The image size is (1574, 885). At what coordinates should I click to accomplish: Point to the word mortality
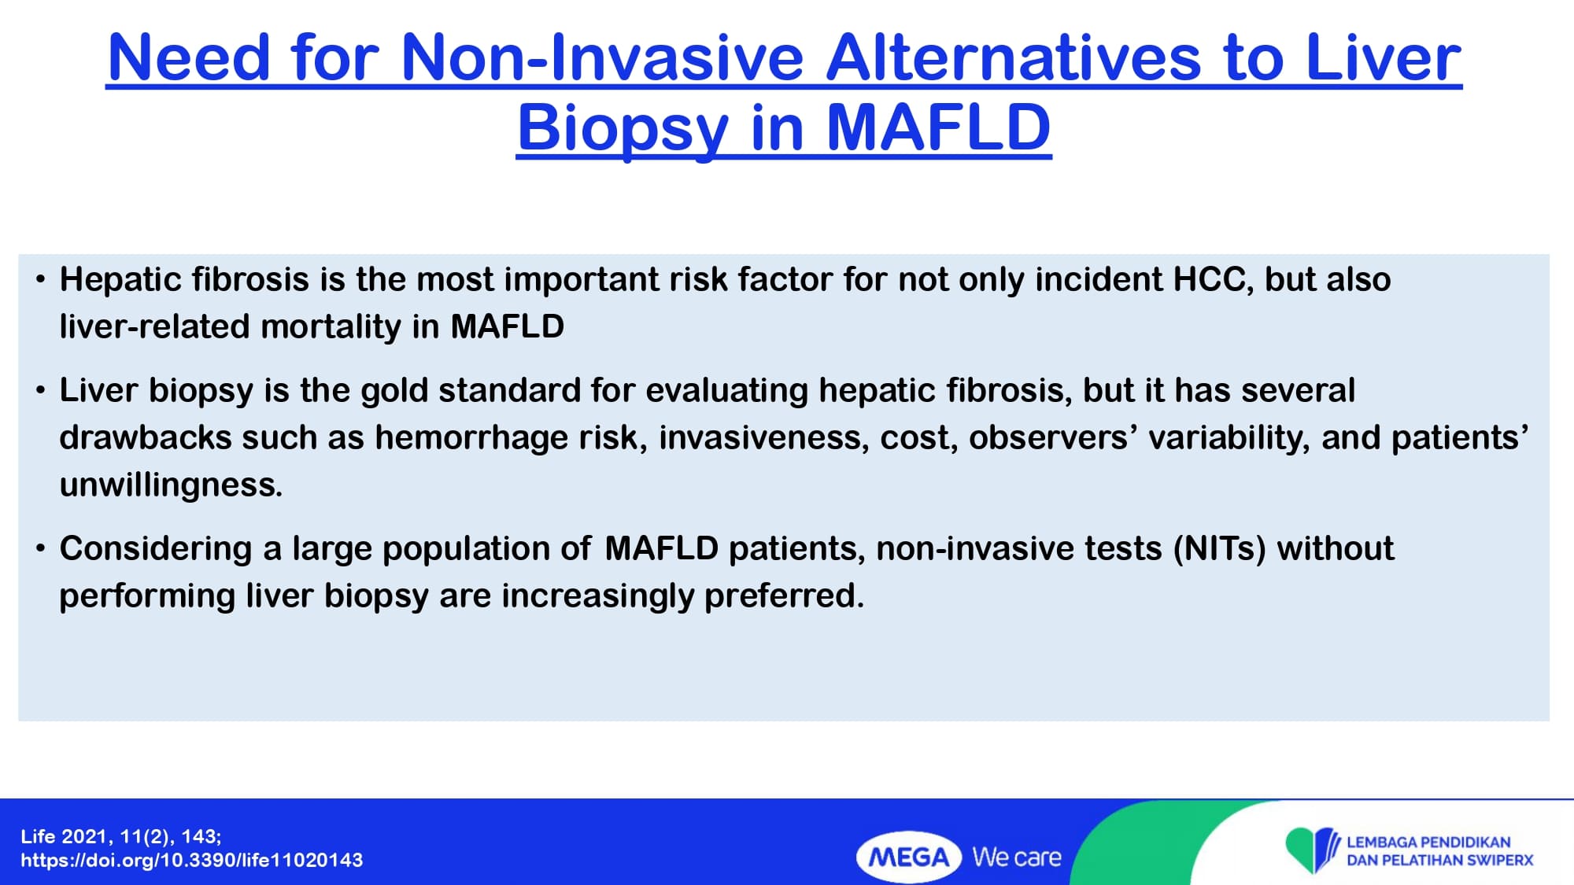331,326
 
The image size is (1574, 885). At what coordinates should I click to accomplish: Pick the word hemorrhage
471,437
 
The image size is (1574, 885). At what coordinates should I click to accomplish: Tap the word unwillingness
171,485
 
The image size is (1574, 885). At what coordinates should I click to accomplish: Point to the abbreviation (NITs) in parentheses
1220,548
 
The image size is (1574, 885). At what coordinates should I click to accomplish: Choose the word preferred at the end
784,596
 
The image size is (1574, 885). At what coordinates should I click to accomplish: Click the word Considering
157,549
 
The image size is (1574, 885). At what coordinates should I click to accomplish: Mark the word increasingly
598,596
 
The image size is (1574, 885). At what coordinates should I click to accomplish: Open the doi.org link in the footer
192,860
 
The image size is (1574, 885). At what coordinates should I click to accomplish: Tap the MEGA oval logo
909,857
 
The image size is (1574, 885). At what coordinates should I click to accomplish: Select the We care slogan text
1017,857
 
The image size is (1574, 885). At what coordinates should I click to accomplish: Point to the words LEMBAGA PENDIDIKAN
1428,842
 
